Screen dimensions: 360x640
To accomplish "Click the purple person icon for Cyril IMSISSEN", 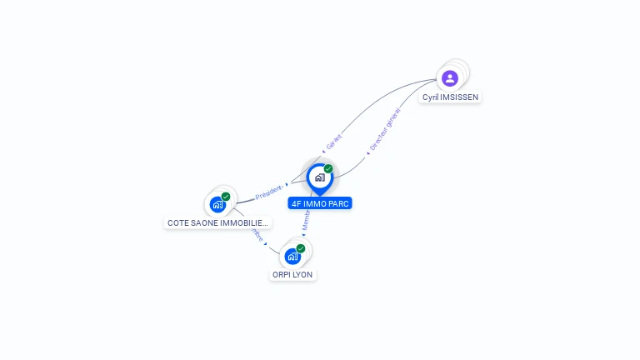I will click(x=450, y=78).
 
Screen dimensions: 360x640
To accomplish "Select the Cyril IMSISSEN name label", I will click(x=451, y=97).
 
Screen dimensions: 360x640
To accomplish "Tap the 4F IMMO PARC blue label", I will click(x=320, y=202).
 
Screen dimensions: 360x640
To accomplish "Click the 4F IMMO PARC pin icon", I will click(x=319, y=177).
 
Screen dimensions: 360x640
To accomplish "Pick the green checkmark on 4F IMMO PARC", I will click(x=328, y=168).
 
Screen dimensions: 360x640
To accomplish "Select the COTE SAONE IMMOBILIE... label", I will click(x=217, y=222).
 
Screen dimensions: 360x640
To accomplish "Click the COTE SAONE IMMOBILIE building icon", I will click(x=217, y=204).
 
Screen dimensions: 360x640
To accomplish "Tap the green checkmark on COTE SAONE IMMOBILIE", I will click(x=226, y=197).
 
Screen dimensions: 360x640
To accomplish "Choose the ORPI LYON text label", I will click(x=293, y=274).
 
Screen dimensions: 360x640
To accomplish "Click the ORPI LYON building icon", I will click(x=292, y=256).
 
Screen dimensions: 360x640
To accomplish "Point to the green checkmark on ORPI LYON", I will click(x=301, y=248).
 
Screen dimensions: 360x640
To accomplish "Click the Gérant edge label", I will click(x=334, y=142).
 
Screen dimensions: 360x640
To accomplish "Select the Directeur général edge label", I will click(x=385, y=130).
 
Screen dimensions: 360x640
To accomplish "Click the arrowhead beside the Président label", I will click(x=287, y=184).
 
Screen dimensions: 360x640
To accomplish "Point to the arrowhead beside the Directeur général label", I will click(x=367, y=153).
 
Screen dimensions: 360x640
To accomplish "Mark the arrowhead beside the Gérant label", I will click(x=323, y=152).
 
